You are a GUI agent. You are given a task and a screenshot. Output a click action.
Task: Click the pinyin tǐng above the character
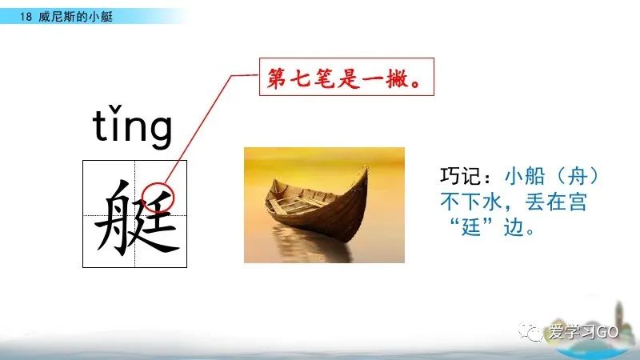[x=133, y=128]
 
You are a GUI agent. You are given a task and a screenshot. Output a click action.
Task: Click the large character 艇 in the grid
[x=135, y=214]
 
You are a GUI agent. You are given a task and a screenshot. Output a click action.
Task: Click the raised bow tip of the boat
[x=366, y=170]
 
